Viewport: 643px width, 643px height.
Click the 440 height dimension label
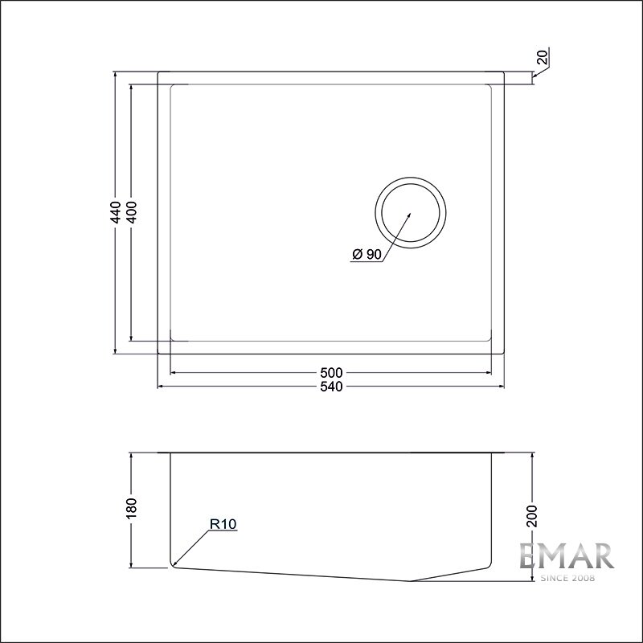click(117, 212)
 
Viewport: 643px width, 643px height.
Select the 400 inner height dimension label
click(132, 212)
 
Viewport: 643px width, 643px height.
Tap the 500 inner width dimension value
click(331, 373)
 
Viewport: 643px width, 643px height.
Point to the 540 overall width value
click(331, 387)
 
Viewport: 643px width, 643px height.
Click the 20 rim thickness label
click(543, 56)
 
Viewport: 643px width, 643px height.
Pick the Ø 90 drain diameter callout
click(367, 255)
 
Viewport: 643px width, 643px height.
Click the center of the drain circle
click(411, 213)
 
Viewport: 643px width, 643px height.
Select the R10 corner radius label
click(223, 524)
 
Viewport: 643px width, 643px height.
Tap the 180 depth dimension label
click(132, 509)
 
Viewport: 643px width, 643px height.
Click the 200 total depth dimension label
click(532, 516)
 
